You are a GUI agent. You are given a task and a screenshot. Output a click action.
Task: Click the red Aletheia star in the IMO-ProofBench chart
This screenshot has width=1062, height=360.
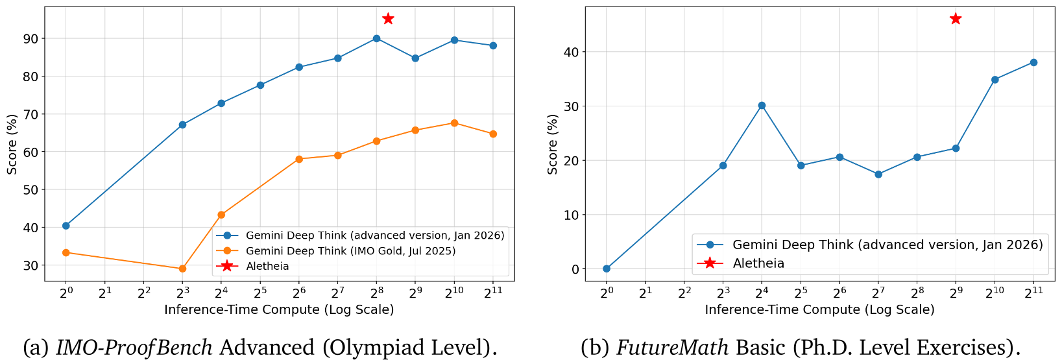(x=388, y=19)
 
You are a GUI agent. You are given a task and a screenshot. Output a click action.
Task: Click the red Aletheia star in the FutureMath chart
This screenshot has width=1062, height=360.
(x=955, y=19)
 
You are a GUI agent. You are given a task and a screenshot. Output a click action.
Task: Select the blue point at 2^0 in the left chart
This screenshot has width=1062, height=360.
(x=66, y=226)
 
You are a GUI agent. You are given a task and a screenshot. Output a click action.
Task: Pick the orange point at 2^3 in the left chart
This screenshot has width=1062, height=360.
(x=182, y=269)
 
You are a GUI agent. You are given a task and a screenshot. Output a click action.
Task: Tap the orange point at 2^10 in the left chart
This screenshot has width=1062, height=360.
(x=454, y=123)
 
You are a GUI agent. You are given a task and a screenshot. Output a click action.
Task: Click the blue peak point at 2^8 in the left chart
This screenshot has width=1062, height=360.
(x=376, y=38)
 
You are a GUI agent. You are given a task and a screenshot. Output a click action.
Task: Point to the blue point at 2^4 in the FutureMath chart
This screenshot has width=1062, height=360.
(x=762, y=105)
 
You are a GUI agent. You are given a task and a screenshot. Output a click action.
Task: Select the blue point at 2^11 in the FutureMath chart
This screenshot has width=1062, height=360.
(x=1033, y=62)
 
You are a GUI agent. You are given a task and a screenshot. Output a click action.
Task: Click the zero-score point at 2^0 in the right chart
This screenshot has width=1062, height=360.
(x=606, y=269)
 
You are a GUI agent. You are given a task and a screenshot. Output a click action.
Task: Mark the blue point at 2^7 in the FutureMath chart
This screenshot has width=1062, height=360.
(x=878, y=174)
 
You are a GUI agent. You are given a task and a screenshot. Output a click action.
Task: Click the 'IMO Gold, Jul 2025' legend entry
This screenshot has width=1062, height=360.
(x=350, y=251)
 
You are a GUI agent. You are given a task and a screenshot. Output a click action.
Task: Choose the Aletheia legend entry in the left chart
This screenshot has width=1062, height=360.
(x=267, y=266)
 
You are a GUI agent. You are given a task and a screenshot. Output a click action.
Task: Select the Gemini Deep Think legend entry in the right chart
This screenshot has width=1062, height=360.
(x=887, y=245)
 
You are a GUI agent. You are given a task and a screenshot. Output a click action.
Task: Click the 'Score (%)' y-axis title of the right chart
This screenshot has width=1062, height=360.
(x=552, y=144)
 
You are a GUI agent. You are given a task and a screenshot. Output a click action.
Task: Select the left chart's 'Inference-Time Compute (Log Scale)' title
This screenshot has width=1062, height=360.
(x=279, y=309)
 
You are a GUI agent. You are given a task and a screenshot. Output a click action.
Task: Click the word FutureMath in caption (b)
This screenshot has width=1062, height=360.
(x=673, y=348)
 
